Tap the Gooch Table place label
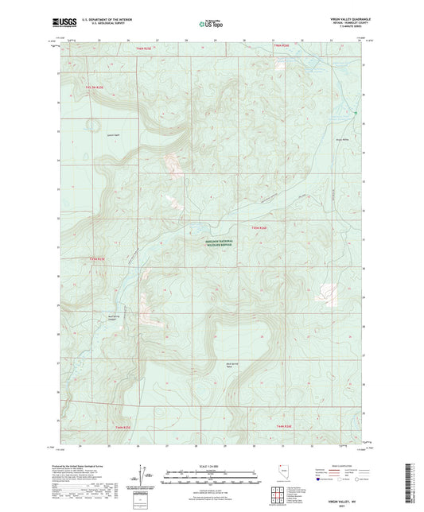[x=90, y=134]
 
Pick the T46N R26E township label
[x=284, y=48]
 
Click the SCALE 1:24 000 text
[x=211, y=466]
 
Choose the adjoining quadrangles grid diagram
[x=278, y=494]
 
